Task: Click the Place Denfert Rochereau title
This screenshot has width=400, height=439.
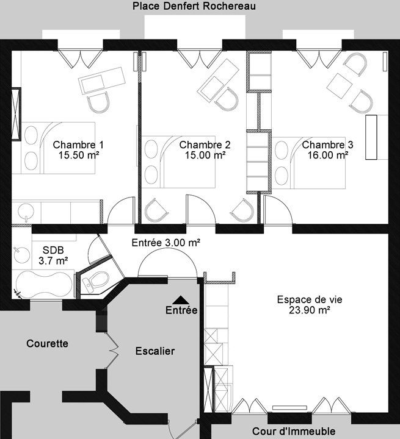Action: pos(194,6)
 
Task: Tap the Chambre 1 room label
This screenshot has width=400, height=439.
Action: pos(78,145)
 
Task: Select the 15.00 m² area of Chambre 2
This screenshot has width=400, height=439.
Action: pos(205,155)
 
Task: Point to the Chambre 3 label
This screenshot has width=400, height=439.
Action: pos(327,145)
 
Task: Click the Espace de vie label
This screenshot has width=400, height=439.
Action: pos(310,299)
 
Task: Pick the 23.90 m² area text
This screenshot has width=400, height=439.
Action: pos(310,310)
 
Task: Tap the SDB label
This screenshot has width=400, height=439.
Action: pos(53,250)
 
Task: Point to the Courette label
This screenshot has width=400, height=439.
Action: pos(47,343)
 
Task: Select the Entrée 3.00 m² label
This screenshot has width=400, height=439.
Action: pos(166,243)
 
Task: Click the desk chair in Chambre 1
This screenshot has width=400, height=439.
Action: pos(98,102)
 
